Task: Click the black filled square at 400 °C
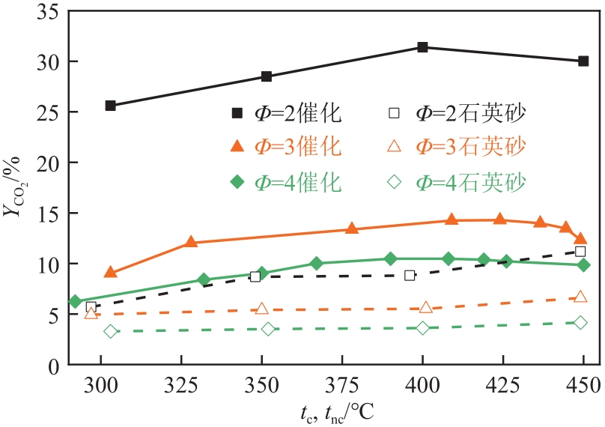click(x=422, y=47)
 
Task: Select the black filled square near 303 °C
click(x=110, y=106)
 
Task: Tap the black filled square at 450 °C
click(x=583, y=61)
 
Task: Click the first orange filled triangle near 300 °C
click(x=110, y=273)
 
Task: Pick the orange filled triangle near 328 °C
click(x=190, y=242)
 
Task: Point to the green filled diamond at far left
click(x=75, y=301)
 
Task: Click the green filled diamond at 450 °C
click(x=583, y=265)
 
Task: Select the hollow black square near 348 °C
click(x=255, y=276)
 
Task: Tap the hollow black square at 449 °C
click(x=580, y=252)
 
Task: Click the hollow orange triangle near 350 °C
click(x=261, y=309)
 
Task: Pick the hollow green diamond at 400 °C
click(x=422, y=328)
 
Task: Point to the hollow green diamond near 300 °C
click(x=111, y=331)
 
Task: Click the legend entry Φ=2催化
click(x=287, y=114)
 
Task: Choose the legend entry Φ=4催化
click(x=287, y=181)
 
